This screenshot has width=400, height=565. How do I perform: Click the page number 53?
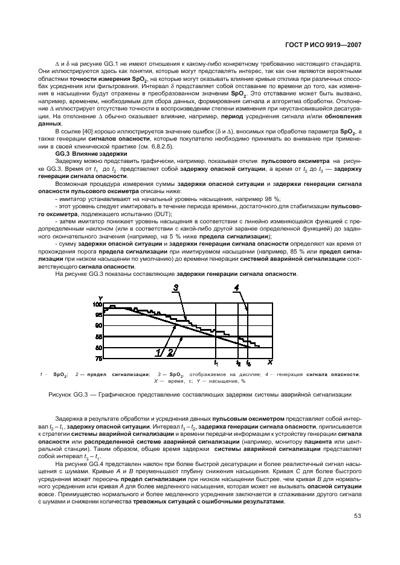(x=358, y=516)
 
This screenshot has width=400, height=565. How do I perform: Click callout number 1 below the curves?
(x=159, y=352)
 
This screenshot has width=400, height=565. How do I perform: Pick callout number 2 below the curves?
(x=170, y=352)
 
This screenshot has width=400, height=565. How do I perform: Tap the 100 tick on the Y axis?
(x=98, y=305)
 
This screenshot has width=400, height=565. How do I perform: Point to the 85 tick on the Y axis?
(x=99, y=337)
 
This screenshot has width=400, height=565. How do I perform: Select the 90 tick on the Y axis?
(x=99, y=326)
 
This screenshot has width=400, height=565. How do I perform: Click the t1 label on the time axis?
(x=216, y=363)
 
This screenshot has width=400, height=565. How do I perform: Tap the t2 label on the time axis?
(x=238, y=363)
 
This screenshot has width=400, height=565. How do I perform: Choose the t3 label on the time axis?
(x=248, y=363)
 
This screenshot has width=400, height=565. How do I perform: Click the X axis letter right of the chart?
(x=269, y=362)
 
